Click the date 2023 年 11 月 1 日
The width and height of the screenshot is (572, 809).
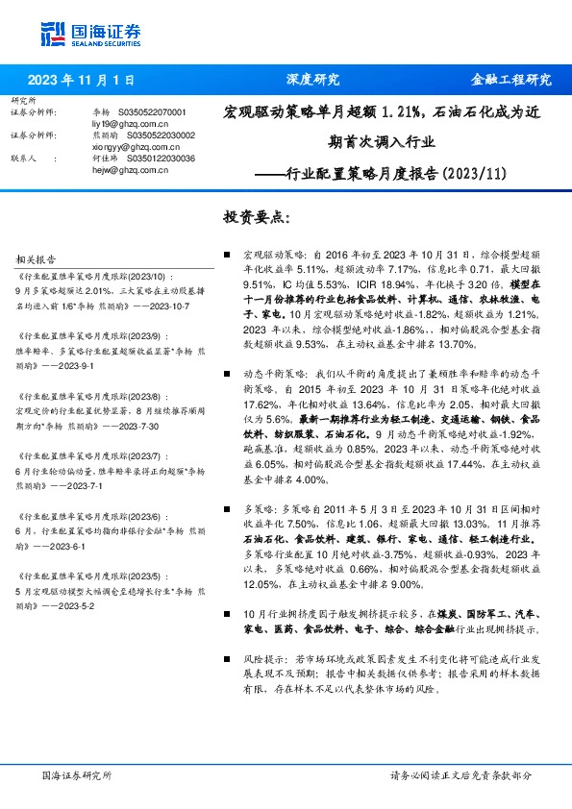pyautogui.click(x=81, y=80)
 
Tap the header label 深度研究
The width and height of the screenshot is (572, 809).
pyautogui.click(x=313, y=80)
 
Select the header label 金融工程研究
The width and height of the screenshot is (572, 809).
pyautogui.click(x=510, y=80)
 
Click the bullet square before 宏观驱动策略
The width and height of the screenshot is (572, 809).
pyautogui.click(x=226, y=256)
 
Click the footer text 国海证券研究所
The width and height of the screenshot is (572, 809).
pyautogui.click(x=77, y=774)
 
